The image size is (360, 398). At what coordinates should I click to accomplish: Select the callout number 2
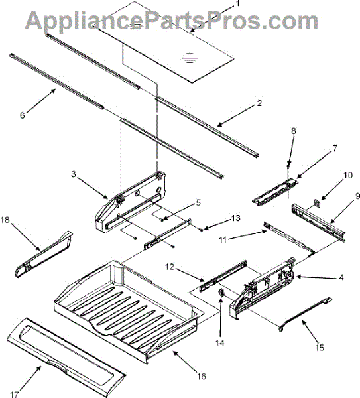tap(259, 103)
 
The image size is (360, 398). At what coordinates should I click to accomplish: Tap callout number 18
tap(5, 218)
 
